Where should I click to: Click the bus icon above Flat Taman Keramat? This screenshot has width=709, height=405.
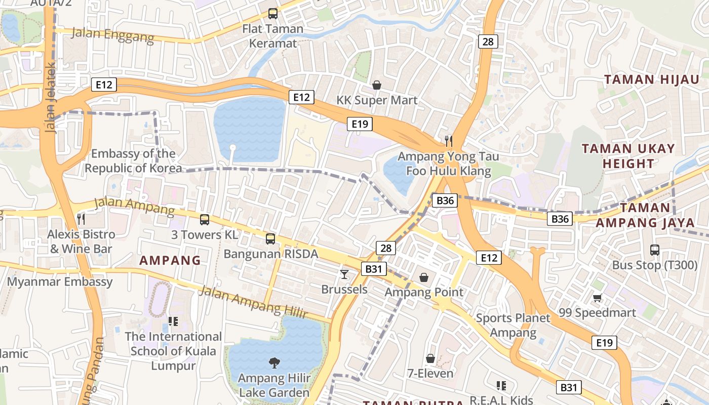pyautogui.click(x=272, y=14)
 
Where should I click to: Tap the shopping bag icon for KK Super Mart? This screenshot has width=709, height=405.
pyautogui.click(x=377, y=85)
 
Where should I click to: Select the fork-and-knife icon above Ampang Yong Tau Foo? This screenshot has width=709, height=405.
pyautogui.click(x=448, y=140)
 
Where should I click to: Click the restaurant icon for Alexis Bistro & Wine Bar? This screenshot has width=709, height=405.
pyautogui.click(x=81, y=219)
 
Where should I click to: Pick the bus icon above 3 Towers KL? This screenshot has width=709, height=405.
pyautogui.click(x=205, y=220)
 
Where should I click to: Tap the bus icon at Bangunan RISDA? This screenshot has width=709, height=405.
pyautogui.click(x=270, y=238)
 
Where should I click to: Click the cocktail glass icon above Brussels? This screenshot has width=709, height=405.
pyautogui.click(x=344, y=274)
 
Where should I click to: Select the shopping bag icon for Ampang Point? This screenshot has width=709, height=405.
pyautogui.click(x=424, y=277)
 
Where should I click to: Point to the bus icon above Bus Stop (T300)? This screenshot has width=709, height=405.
pyautogui.click(x=655, y=250)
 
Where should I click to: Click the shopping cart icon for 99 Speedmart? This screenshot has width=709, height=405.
pyautogui.click(x=598, y=298)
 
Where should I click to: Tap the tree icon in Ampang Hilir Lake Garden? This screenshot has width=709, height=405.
pyautogui.click(x=274, y=362)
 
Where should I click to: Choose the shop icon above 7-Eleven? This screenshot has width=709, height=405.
pyautogui.click(x=430, y=358)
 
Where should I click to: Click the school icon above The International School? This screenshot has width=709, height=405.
pyautogui.click(x=173, y=321)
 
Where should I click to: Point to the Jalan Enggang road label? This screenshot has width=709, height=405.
pyautogui.click(x=112, y=35)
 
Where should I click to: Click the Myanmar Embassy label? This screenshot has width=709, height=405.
pyautogui.click(x=60, y=282)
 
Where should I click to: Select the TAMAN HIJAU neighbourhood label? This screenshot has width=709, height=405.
pyautogui.click(x=652, y=79)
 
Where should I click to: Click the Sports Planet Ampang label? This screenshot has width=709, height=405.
pyautogui.click(x=513, y=326)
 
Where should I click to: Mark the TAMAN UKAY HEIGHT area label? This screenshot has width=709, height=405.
pyautogui.click(x=628, y=156)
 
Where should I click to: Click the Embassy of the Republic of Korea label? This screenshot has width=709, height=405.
pyautogui.click(x=133, y=161)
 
